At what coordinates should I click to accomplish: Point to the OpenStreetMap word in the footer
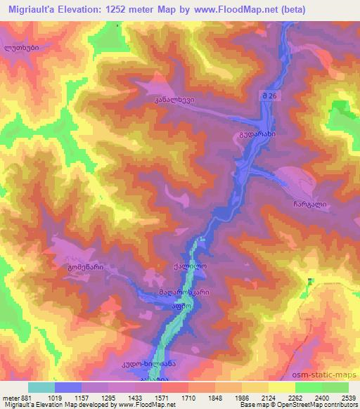pos(304,405)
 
